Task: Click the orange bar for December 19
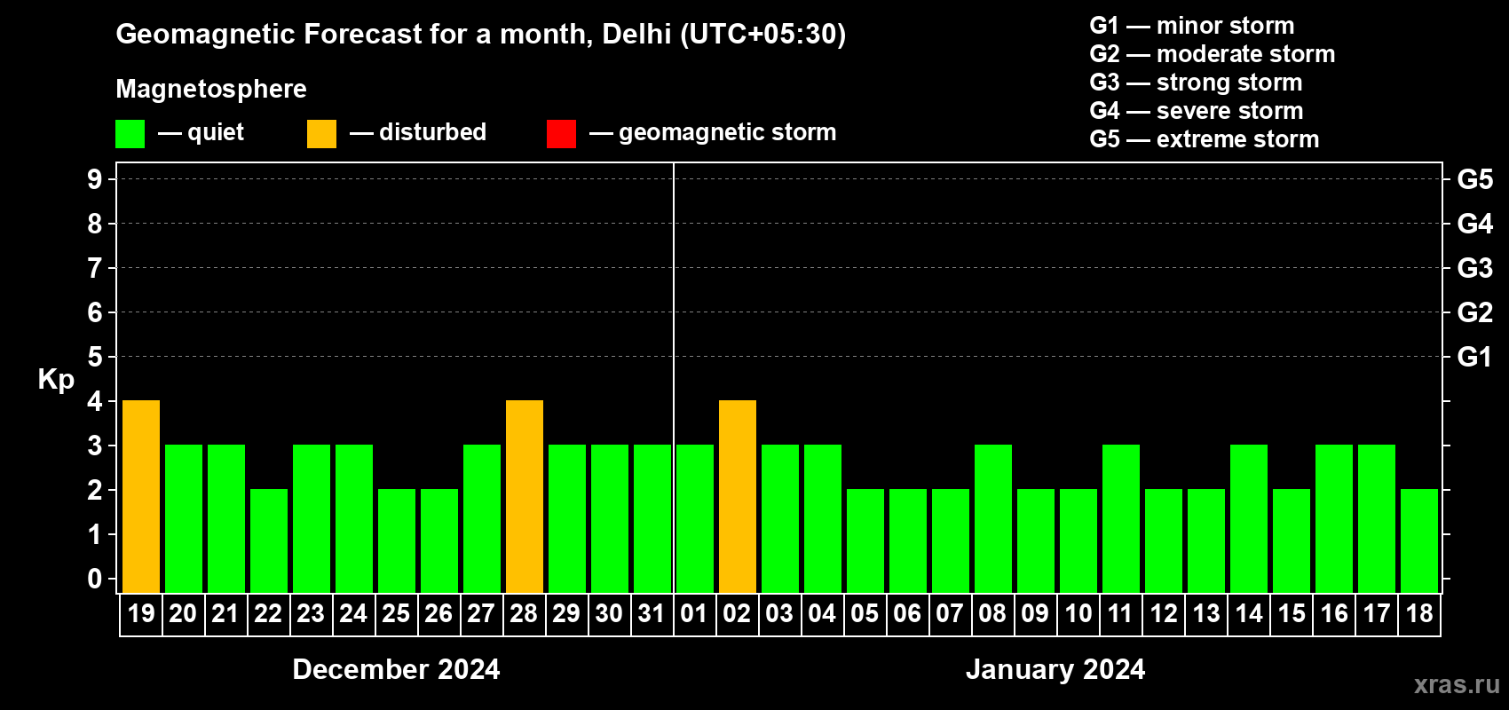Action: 141,496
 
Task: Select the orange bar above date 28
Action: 525,496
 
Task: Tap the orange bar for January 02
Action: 738,496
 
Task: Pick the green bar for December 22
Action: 269,540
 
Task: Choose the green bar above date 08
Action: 993,518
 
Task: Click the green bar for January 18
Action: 1419,540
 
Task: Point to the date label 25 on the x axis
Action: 396,613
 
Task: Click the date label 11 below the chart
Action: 1120,613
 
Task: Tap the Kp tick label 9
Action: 95,179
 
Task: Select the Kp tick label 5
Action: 95,357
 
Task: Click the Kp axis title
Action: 56,379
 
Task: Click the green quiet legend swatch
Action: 130,134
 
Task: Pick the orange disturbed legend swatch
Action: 322,134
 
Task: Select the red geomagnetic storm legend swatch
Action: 562,134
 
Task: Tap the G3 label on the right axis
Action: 1474,268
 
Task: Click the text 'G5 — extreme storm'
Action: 1204,139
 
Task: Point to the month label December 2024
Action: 396,669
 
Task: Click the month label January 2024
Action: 1055,669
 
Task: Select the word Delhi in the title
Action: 636,34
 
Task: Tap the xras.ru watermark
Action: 1457,684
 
